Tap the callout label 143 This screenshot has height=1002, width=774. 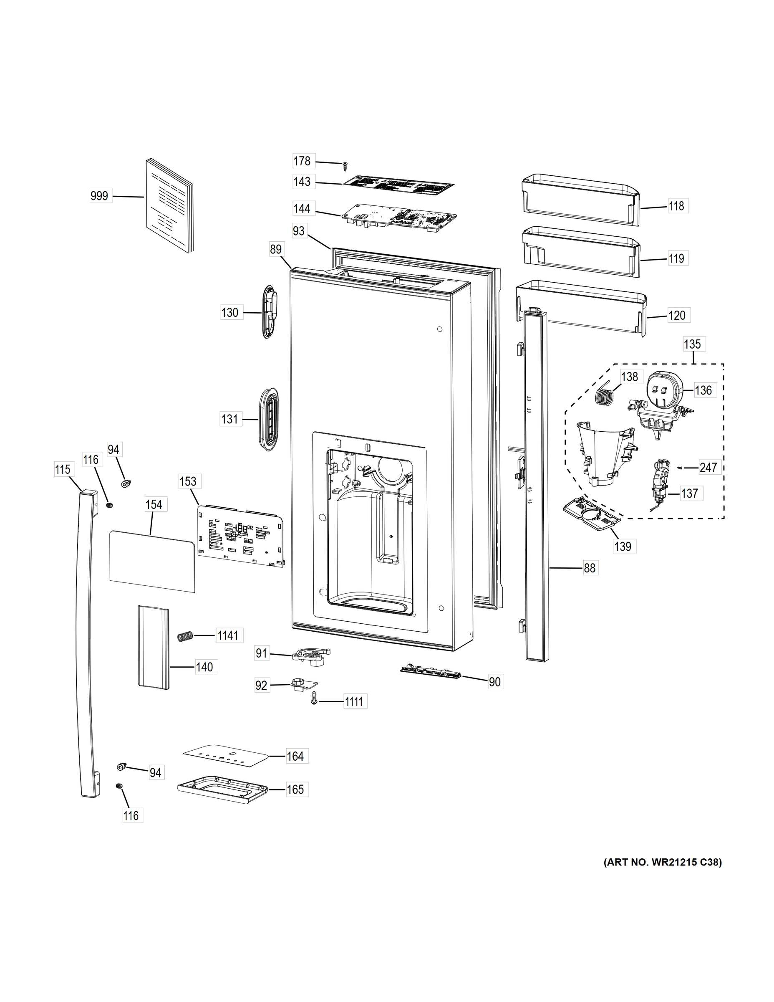[302, 182]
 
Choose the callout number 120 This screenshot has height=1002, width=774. [677, 316]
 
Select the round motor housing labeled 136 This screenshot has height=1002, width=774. [663, 389]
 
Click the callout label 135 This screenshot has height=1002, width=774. [692, 344]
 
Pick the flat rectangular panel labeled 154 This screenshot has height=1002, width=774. [152, 562]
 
